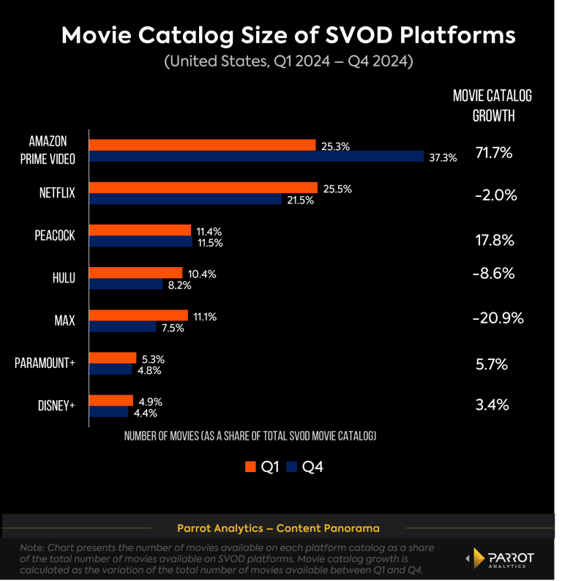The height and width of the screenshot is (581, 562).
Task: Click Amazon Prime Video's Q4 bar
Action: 256,157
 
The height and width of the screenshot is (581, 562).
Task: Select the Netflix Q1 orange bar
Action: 203,188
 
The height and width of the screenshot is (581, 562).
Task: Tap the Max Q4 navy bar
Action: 122,327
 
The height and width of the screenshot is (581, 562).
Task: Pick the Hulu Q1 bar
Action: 135,273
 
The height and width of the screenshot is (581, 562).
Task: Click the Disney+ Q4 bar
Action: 108,412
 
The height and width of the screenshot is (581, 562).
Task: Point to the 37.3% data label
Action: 442,157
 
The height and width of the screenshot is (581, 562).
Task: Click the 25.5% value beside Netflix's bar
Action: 337,189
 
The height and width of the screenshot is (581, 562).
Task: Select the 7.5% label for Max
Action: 172,328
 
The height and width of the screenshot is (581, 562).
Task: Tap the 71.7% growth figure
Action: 493,154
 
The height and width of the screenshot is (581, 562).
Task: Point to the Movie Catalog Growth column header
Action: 492,106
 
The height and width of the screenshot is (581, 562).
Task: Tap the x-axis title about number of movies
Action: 250,436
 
